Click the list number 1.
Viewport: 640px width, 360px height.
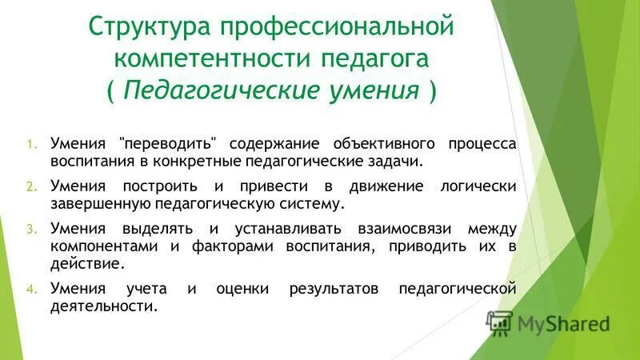[31, 145]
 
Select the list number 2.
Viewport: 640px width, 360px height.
[31, 186]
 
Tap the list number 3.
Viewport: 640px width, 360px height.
[31, 228]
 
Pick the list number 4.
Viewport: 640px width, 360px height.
[31, 288]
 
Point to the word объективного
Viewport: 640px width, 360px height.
[372, 144]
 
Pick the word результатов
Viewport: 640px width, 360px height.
[334, 288]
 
